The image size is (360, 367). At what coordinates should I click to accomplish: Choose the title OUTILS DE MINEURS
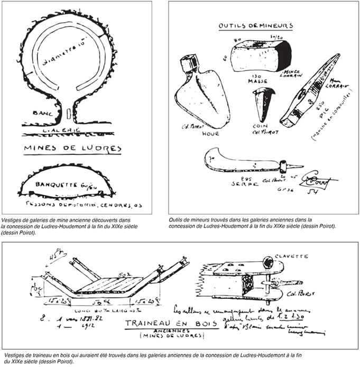click(256, 25)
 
